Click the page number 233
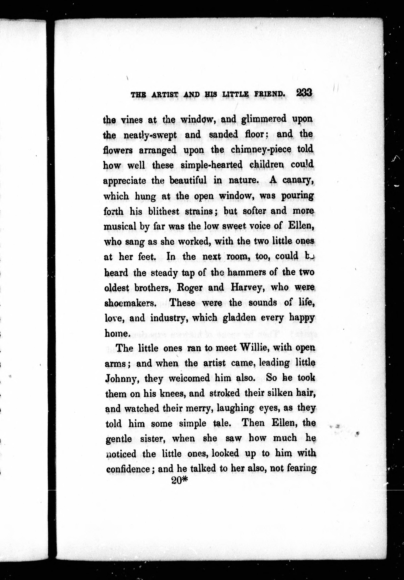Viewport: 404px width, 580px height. (304, 93)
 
